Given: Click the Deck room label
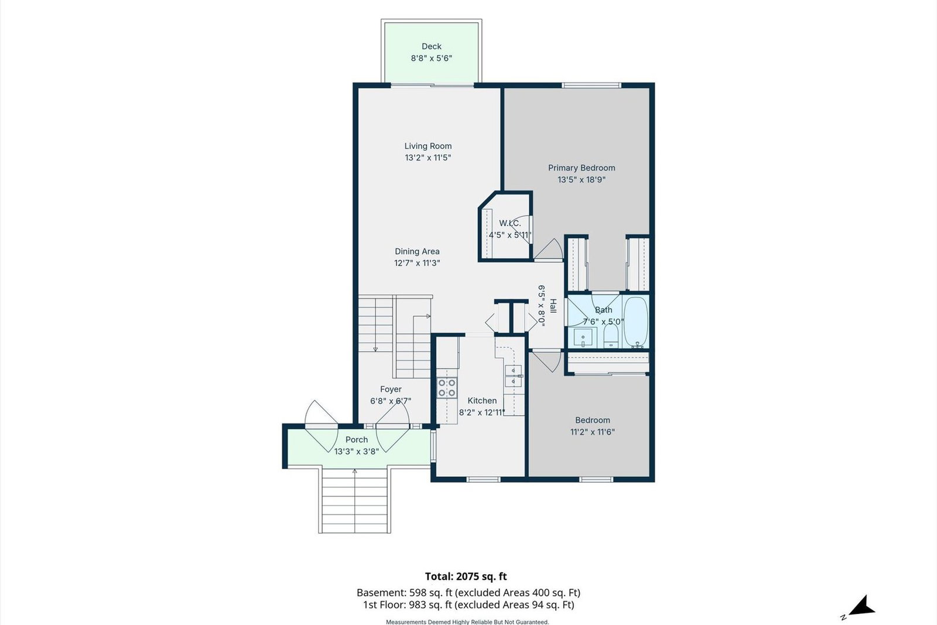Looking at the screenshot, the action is click(x=431, y=46).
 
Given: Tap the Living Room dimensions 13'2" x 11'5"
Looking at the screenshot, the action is click(x=428, y=158).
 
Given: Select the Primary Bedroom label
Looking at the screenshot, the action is click(x=582, y=168).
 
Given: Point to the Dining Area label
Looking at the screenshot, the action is click(x=417, y=251).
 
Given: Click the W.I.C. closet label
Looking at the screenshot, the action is click(x=510, y=223).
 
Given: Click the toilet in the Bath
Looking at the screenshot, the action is click(x=611, y=336).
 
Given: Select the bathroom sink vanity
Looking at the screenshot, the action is click(x=585, y=337).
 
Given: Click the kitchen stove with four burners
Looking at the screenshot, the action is click(x=447, y=387).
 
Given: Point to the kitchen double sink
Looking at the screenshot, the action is click(x=513, y=376).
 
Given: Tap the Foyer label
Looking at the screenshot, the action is click(x=391, y=390).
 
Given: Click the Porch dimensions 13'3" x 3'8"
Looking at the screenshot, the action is click(x=357, y=452).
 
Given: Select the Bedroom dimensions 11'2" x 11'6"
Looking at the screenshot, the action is click(x=592, y=432).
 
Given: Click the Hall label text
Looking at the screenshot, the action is click(x=553, y=306).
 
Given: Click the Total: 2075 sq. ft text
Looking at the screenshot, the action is click(x=466, y=576).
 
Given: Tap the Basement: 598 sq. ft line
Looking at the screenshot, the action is click(x=468, y=593).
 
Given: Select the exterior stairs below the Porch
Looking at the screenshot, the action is click(x=355, y=500).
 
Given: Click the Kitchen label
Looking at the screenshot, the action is click(x=482, y=401).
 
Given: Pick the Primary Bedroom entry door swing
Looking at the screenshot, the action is click(x=549, y=250).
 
